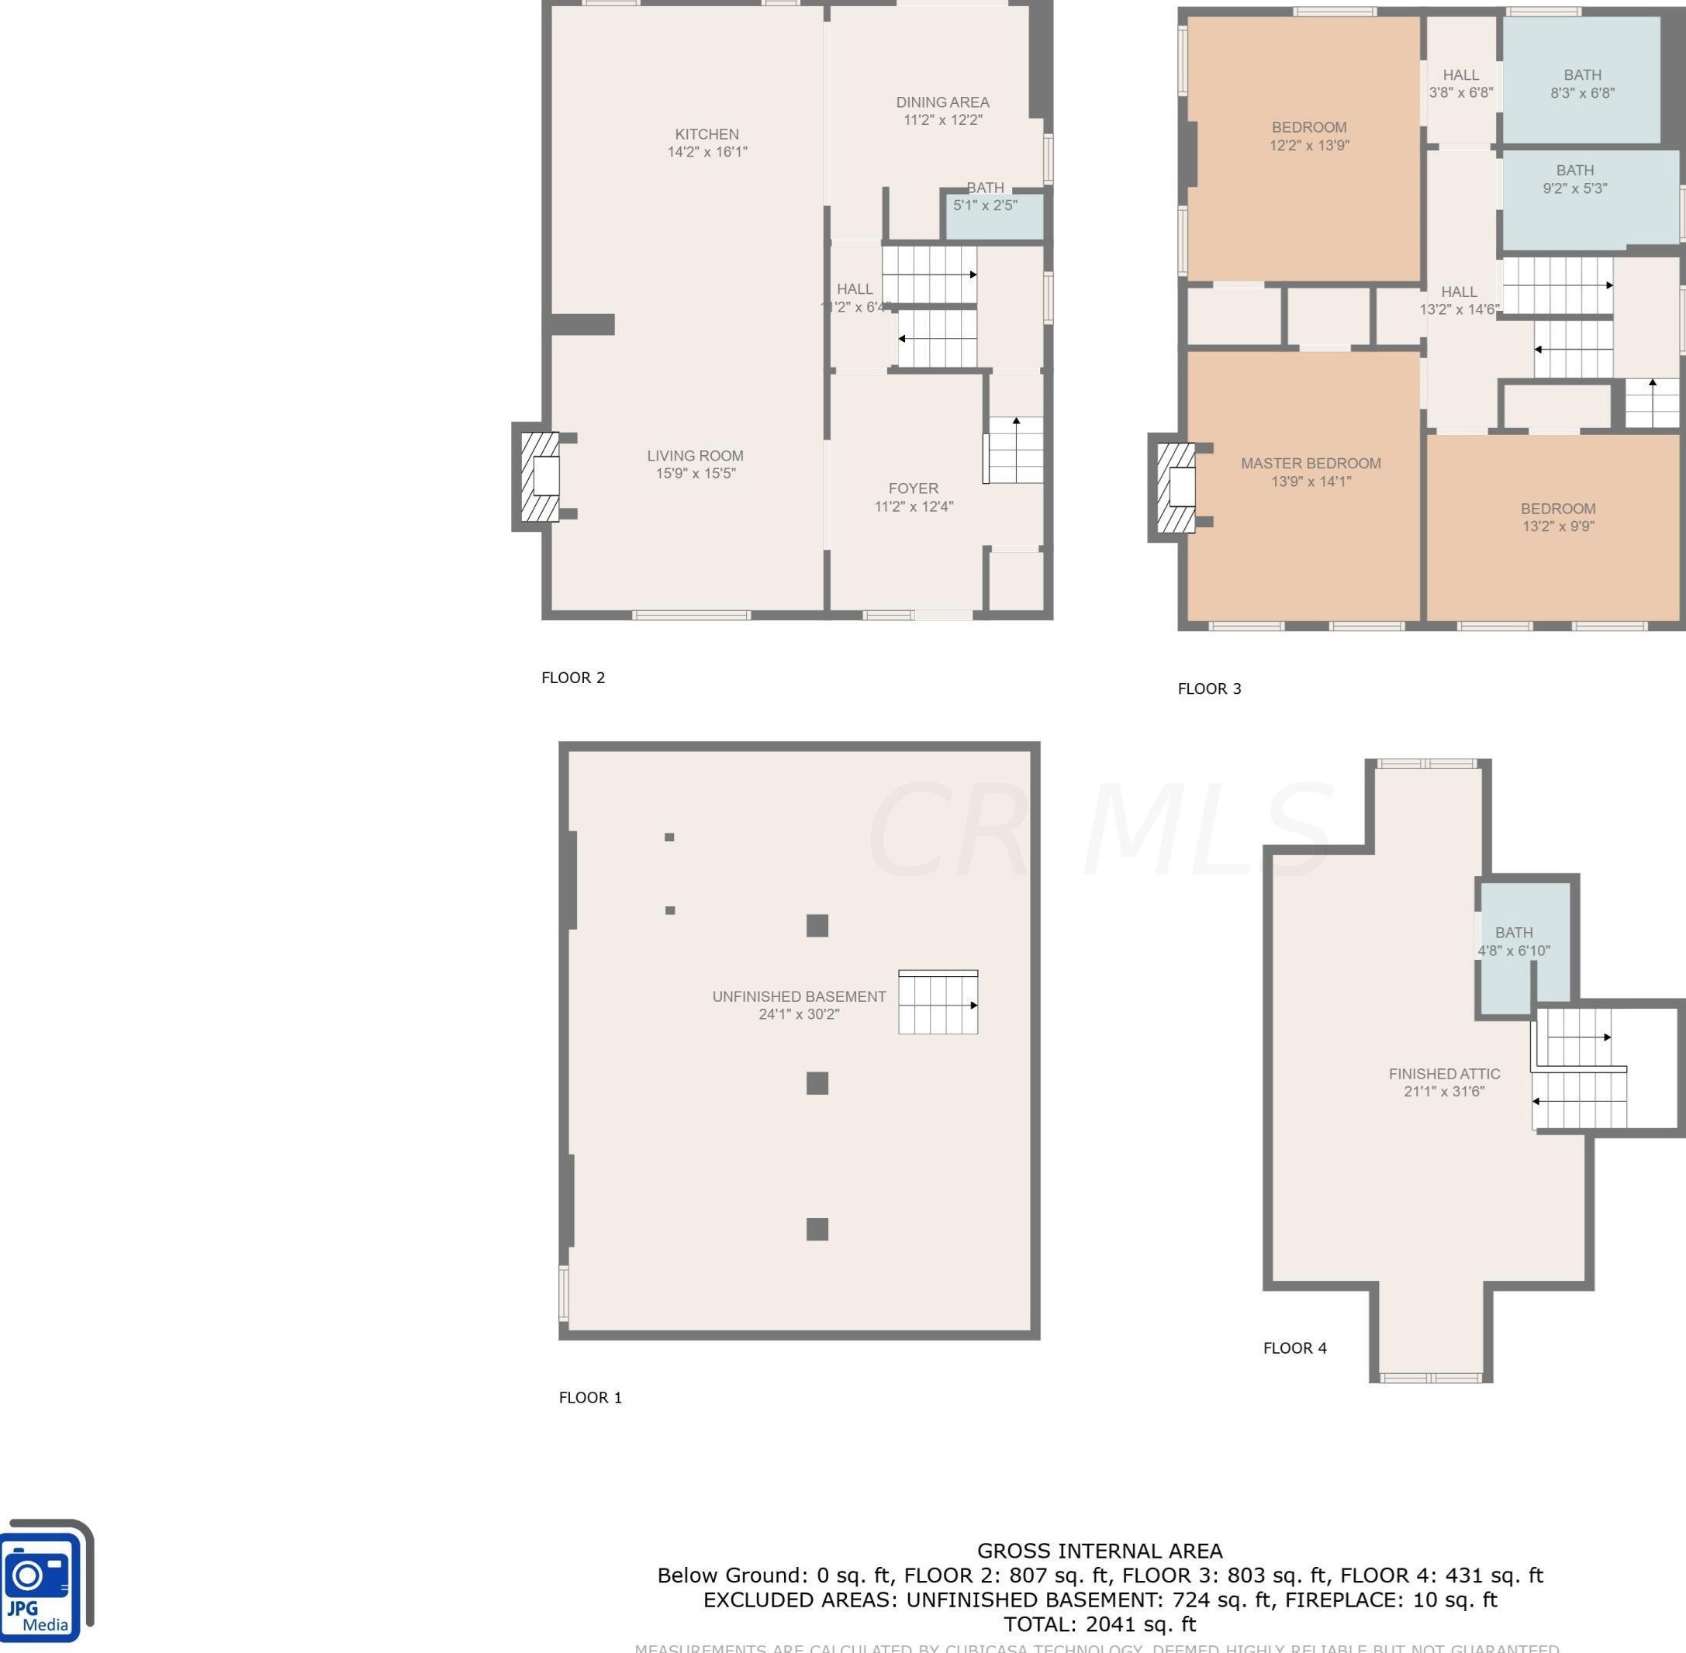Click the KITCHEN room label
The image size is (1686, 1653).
point(707,133)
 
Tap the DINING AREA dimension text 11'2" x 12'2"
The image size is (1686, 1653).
point(942,120)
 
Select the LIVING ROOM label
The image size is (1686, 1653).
point(695,455)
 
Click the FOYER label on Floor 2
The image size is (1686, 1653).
point(913,488)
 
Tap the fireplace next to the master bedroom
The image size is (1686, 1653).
point(1176,487)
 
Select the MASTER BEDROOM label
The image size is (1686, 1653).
point(1310,463)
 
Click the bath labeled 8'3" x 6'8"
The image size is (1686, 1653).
point(1582,83)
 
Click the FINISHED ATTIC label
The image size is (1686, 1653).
point(1444,1073)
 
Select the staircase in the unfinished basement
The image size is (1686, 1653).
point(938,1003)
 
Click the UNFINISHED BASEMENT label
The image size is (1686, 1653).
point(799,996)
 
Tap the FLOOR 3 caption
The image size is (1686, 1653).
point(1208,688)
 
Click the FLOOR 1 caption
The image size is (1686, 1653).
point(589,1397)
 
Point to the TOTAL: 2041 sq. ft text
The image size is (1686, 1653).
point(1099,1624)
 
